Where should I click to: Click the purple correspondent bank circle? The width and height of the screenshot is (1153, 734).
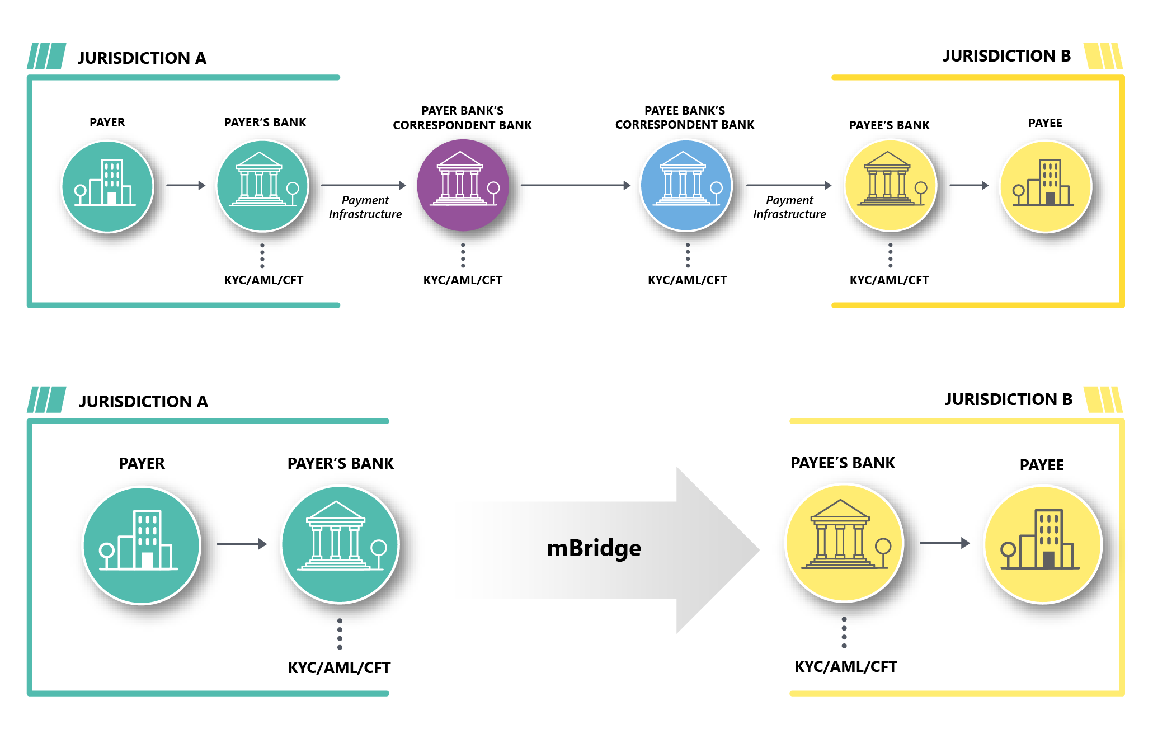(463, 185)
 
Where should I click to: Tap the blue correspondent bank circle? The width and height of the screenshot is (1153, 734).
(686, 185)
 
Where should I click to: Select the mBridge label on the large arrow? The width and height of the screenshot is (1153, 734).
(594, 548)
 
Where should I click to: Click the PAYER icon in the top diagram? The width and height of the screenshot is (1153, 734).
(107, 186)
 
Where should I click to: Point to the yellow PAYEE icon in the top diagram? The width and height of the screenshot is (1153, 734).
(1045, 186)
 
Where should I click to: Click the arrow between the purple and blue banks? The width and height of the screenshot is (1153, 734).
(575, 185)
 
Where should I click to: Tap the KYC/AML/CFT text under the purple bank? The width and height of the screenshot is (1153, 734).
(463, 280)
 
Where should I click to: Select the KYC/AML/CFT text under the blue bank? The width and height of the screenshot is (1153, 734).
(687, 280)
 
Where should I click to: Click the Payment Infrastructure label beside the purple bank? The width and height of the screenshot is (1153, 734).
(365, 207)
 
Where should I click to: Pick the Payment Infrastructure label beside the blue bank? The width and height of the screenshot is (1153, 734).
(789, 207)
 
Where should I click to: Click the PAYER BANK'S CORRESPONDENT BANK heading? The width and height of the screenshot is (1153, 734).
(462, 118)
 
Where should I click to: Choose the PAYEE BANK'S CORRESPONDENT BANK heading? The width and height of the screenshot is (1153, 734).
(685, 117)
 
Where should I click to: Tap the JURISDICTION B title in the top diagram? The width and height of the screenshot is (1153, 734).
(1006, 56)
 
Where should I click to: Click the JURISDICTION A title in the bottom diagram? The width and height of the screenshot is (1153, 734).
(143, 401)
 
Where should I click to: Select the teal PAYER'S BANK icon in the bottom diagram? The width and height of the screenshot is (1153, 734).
(340, 545)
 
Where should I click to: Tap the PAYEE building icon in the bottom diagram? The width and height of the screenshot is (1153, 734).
(1043, 544)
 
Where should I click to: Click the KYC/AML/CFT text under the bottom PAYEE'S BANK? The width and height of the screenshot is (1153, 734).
(845, 667)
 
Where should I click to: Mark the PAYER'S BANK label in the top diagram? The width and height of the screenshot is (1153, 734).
(265, 123)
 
